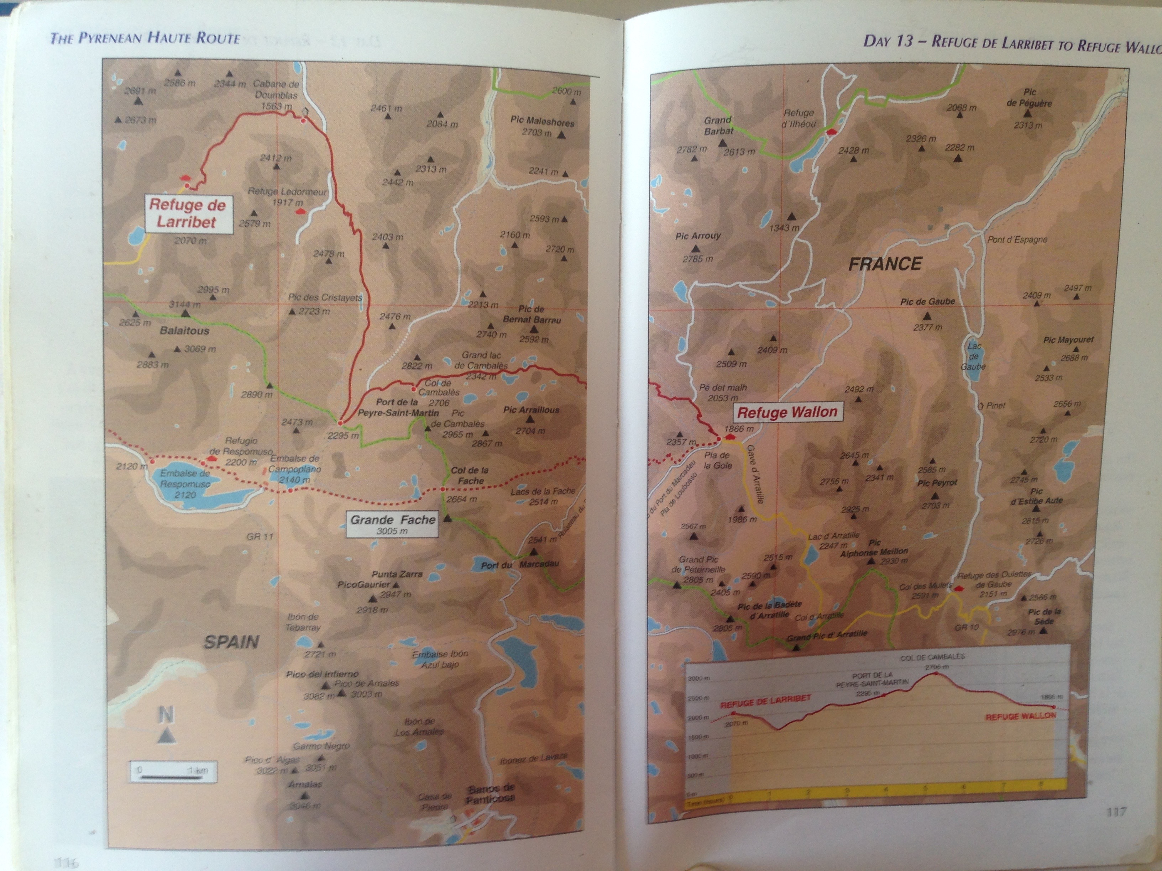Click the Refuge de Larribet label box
188,213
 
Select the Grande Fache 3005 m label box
392,523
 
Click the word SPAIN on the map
231,642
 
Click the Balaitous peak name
184,331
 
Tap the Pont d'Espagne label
1017,240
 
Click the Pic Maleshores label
542,121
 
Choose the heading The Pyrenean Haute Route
145,38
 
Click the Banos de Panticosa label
491,794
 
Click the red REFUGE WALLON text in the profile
1020,716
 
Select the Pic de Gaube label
928,302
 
